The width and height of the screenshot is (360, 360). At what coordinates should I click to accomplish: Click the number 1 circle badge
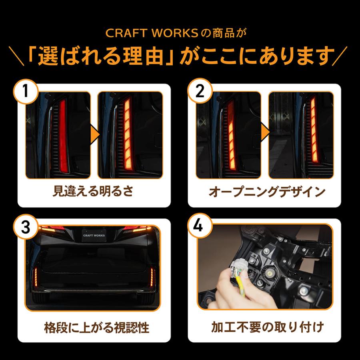[x=26, y=91]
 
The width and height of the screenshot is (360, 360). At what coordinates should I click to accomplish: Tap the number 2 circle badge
[x=200, y=91]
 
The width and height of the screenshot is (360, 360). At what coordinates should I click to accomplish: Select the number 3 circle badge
[x=26, y=227]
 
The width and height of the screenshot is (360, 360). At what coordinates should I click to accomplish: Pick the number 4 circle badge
[x=198, y=226]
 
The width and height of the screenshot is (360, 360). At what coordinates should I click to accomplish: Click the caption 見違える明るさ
[x=93, y=191]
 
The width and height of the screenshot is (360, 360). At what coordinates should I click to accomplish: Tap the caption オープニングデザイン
[x=267, y=192]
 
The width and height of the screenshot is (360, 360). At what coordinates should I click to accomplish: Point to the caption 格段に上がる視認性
[x=97, y=327]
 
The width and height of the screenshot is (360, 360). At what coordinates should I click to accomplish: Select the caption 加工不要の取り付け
[x=267, y=327]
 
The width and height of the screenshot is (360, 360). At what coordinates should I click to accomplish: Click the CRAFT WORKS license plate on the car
[x=94, y=235]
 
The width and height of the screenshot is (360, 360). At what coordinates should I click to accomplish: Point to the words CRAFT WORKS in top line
[x=152, y=33]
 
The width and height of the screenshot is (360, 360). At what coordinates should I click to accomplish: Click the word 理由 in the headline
[x=143, y=56]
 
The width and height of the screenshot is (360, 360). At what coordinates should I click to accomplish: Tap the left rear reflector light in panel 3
[x=36, y=277]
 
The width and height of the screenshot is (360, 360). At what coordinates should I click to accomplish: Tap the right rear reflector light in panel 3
[x=152, y=277]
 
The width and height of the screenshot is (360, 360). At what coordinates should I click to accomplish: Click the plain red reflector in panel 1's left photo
[x=63, y=135]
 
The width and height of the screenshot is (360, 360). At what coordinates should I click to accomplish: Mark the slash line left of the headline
[x=16, y=56]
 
